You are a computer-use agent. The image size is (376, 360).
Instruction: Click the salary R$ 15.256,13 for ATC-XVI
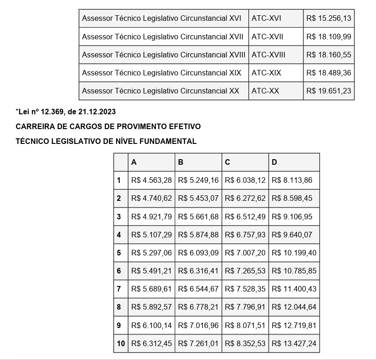(328, 19)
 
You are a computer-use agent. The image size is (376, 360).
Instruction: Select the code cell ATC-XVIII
(268, 55)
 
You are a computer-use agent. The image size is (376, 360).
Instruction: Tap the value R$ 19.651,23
(328, 91)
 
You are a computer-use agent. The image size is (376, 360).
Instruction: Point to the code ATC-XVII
(267, 37)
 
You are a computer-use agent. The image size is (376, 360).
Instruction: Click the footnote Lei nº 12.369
(66, 112)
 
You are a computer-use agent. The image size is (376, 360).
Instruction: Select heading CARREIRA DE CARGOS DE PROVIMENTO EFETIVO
(108, 126)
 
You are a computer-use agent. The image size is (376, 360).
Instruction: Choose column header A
(134, 162)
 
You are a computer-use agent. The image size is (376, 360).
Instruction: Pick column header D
(274, 162)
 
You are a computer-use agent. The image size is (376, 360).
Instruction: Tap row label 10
(121, 343)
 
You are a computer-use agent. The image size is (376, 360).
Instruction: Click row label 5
(119, 253)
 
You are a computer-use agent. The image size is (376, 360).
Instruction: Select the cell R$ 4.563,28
(151, 180)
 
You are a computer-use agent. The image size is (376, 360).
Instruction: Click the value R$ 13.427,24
(294, 343)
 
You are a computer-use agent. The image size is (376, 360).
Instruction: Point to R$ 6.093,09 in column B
(198, 253)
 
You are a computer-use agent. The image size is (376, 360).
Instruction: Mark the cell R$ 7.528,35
(245, 289)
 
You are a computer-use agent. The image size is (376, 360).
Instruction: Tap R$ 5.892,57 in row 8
(151, 307)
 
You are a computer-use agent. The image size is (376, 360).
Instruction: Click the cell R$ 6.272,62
(245, 199)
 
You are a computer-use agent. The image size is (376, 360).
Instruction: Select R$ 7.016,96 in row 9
(198, 325)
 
